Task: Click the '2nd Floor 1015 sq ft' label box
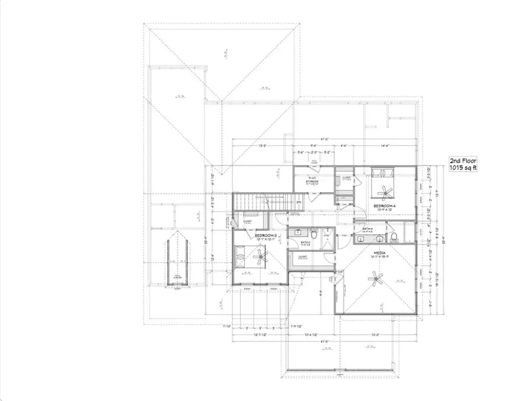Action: tap(463, 164)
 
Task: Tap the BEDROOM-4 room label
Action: tap(386, 207)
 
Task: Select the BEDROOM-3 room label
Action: tap(265, 235)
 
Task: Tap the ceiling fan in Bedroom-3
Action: tap(259, 258)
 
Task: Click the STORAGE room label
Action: tap(312, 181)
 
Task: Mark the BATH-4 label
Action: tap(368, 229)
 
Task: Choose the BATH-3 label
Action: tap(297, 242)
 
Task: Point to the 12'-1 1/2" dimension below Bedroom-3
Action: tap(260, 335)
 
